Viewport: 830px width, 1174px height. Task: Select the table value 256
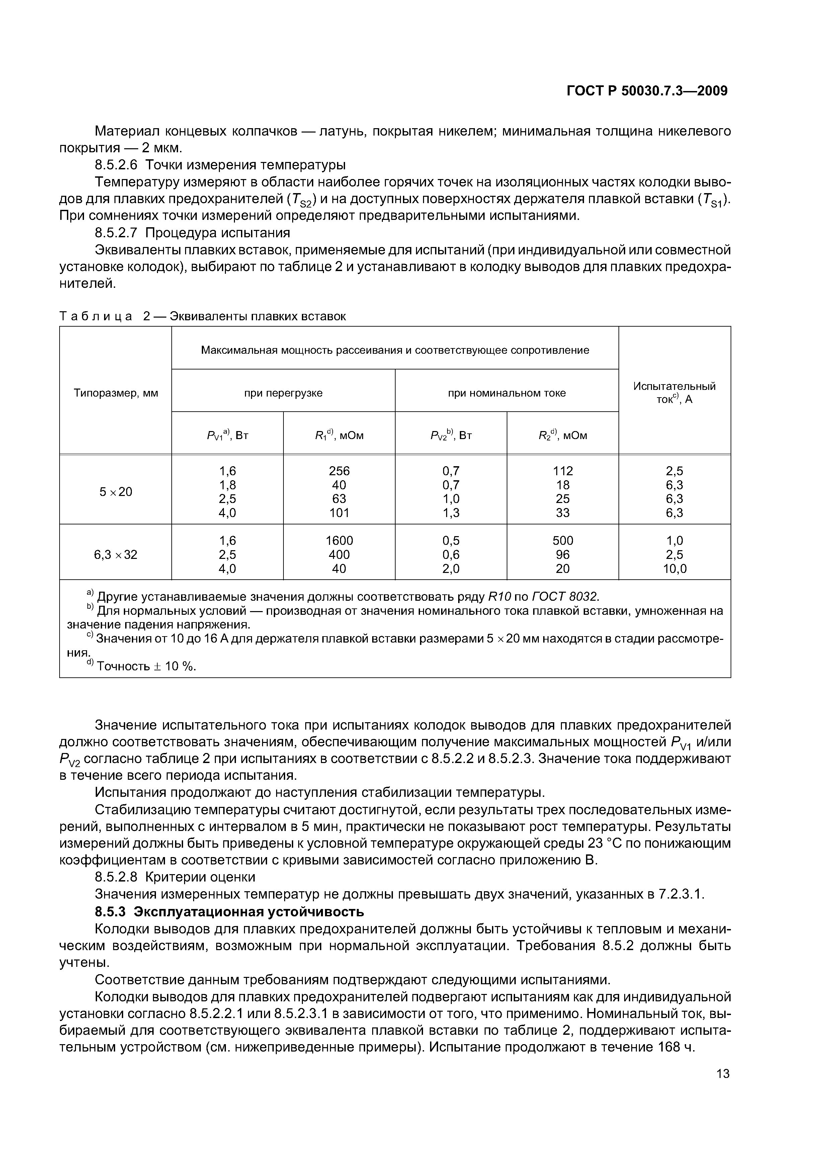point(339,471)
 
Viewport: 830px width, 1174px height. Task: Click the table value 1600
point(339,541)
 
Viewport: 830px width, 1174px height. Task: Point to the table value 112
point(563,471)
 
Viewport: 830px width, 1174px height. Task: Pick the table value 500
point(563,541)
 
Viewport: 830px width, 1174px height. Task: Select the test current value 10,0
point(674,569)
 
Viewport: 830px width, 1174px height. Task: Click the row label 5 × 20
point(115,492)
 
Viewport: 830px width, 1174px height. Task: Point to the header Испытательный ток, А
point(674,393)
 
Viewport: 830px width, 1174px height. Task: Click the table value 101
point(339,513)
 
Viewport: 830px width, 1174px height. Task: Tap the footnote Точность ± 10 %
point(146,666)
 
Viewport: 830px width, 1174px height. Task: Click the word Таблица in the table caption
point(96,317)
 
